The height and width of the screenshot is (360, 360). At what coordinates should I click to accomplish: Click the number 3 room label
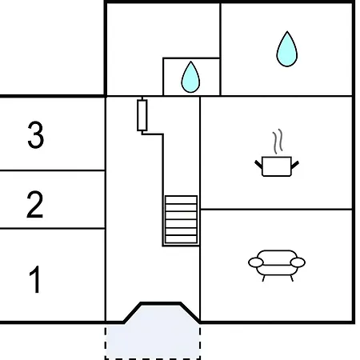click(x=35, y=134)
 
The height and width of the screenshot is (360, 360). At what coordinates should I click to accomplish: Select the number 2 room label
click(x=35, y=204)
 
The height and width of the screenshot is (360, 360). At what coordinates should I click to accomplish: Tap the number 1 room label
click(x=35, y=279)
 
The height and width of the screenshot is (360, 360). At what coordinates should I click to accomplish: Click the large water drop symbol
click(x=287, y=49)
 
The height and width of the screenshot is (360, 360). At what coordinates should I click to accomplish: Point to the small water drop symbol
click(x=190, y=78)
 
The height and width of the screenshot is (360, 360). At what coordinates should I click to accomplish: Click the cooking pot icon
click(x=277, y=166)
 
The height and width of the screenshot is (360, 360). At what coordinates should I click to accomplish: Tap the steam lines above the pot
click(x=278, y=142)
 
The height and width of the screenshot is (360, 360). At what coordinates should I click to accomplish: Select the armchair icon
click(x=277, y=266)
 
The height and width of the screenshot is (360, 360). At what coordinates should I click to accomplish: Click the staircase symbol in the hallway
click(x=181, y=219)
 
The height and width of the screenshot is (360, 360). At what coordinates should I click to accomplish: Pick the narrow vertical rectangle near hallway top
click(x=142, y=115)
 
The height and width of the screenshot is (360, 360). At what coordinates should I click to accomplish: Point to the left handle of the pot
click(x=258, y=164)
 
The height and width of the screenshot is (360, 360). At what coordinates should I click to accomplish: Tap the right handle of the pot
click(x=294, y=165)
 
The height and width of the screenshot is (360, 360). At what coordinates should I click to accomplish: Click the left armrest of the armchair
click(x=256, y=262)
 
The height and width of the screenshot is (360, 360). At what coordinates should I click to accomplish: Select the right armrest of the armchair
click(x=298, y=262)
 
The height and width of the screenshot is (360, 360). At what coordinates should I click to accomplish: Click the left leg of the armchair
click(x=264, y=278)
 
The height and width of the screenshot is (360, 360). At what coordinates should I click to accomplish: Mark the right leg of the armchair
click(x=291, y=278)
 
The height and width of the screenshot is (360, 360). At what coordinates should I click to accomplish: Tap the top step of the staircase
click(x=181, y=200)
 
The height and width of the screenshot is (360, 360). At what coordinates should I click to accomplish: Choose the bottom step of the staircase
click(x=181, y=239)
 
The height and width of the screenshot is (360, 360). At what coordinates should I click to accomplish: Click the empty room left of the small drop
click(x=134, y=50)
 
